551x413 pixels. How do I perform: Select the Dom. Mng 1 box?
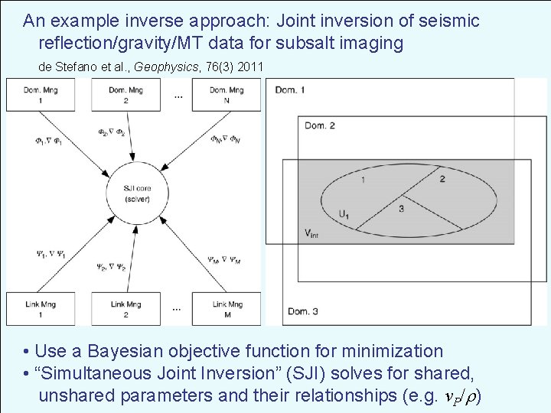(x=34, y=94)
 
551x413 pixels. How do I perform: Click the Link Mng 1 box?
(x=34, y=309)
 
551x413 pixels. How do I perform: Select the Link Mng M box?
(x=226, y=309)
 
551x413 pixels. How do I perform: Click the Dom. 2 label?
(x=321, y=125)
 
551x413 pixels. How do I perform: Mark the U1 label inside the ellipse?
(x=346, y=214)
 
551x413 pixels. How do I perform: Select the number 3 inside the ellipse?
(x=401, y=208)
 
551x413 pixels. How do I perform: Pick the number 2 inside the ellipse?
(x=442, y=179)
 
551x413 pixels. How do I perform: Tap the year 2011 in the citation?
(x=249, y=67)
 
